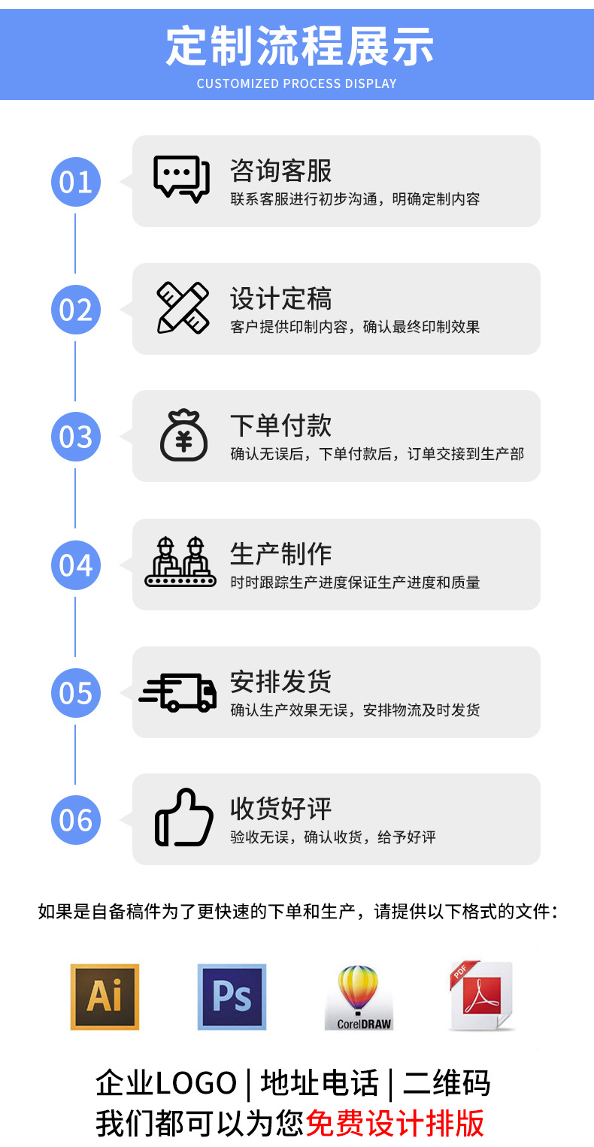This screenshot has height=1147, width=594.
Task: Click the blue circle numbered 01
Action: (x=75, y=182)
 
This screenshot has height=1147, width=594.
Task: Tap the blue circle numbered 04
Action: (x=75, y=565)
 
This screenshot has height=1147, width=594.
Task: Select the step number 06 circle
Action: (x=75, y=820)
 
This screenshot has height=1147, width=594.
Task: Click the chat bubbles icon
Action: (x=181, y=179)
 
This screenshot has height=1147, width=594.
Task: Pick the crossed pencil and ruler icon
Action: (x=182, y=307)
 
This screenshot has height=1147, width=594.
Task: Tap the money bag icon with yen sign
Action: (x=183, y=435)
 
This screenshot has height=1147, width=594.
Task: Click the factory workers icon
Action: (x=180, y=562)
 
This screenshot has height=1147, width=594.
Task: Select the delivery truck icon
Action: (x=178, y=692)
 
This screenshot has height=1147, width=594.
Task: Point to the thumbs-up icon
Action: (x=183, y=818)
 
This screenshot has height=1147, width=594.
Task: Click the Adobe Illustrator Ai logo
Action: (x=105, y=996)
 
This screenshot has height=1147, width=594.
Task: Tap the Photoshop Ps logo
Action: (x=232, y=996)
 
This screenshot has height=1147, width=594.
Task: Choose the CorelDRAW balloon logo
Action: (x=359, y=997)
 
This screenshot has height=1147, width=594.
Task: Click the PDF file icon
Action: (x=481, y=996)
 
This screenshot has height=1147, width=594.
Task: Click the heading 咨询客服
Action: (x=280, y=171)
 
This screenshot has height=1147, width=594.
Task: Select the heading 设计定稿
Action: (x=280, y=299)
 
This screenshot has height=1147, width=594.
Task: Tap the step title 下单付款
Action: (x=280, y=426)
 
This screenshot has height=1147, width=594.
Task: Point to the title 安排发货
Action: (x=280, y=682)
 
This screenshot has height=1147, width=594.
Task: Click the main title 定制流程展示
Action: (x=299, y=47)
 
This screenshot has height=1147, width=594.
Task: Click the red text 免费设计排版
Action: (x=395, y=1124)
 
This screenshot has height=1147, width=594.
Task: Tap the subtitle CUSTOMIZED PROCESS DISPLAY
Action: (x=296, y=83)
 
